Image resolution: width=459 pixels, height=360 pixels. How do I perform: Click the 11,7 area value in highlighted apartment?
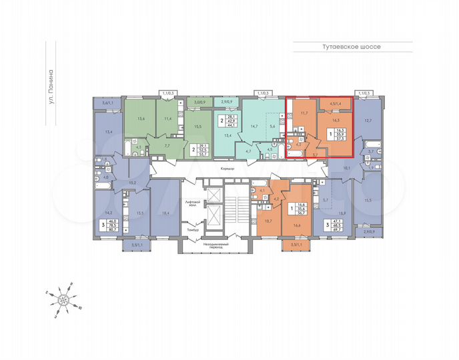(x=305, y=113)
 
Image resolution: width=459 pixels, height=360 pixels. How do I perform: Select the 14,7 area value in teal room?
(x=253, y=126)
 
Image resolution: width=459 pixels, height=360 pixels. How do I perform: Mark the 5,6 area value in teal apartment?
(x=272, y=126)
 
